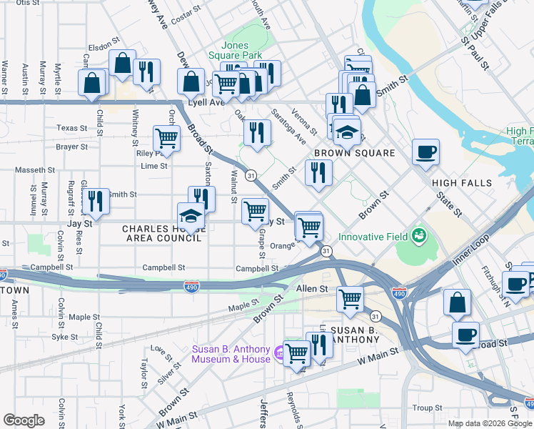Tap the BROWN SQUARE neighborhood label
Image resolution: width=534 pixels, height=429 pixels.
(x=354, y=154)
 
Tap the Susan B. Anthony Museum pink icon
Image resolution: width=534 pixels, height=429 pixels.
(x=280, y=351)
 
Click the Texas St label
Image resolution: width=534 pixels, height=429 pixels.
(x=71, y=128)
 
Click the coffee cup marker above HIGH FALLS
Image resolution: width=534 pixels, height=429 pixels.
(x=425, y=152)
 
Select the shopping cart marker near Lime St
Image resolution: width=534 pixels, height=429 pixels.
(x=166, y=138)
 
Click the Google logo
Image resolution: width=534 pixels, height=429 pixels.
(x=24, y=420)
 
